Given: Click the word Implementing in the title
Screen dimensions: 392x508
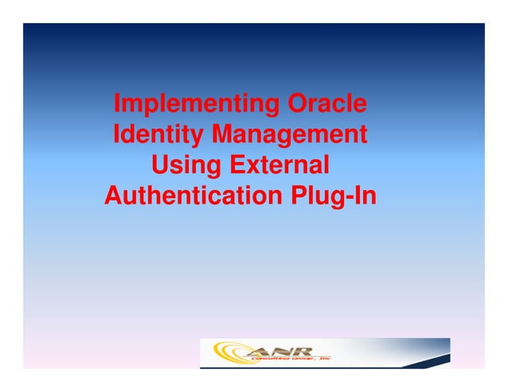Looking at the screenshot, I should (x=186, y=104).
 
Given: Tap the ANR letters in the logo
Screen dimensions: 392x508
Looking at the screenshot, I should (x=280, y=350).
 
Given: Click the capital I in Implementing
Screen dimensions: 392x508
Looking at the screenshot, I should (x=117, y=104).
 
